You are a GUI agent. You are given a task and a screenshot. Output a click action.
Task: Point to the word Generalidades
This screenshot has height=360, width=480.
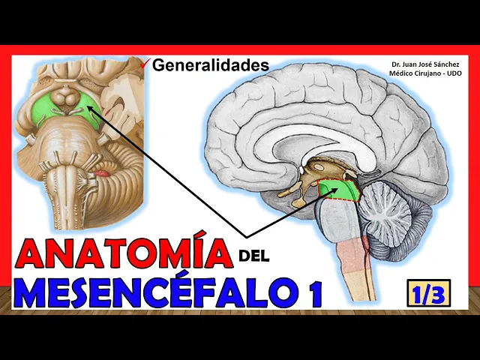click(x=210, y=65)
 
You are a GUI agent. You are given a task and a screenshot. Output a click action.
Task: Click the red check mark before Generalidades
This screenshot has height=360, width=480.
click(x=145, y=64)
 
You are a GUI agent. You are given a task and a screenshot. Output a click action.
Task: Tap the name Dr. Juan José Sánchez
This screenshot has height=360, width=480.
click(x=427, y=64)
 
